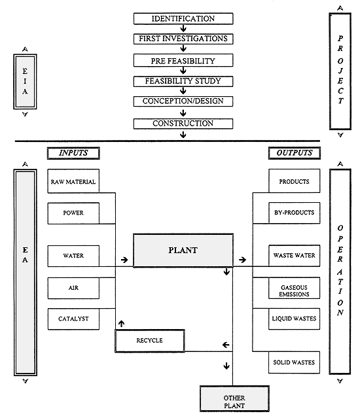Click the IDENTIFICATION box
(x=183, y=18)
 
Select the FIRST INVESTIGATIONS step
(x=183, y=39)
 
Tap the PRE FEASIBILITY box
(x=183, y=60)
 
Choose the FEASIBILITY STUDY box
(x=183, y=81)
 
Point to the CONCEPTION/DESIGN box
(x=183, y=102)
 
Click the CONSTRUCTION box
(x=183, y=123)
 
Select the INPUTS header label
(x=73, y=153)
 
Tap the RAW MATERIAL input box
(x=73, y=181)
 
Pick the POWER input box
(x=73, y=213)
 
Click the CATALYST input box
(x=73, y=319)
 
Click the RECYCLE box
(x=150, y=341)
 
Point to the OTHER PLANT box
(x=233, y=400)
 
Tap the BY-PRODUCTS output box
(x=294, y=213)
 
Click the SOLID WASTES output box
(x=294, y=362)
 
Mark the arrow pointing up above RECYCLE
(x=120, y=323)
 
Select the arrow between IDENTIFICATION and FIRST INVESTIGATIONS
(x=183, y=29)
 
